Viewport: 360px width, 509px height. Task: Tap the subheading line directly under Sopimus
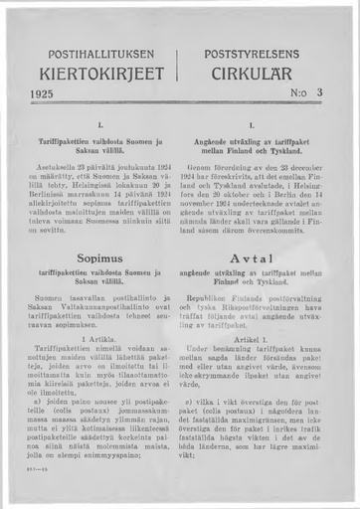pyautogui.click(x=101, y=274)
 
